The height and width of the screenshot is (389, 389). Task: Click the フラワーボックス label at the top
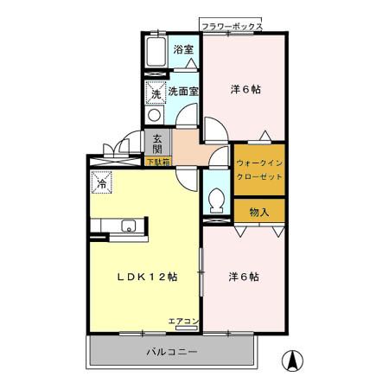(x=231, y=28)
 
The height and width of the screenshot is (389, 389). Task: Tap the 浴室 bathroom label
(x=182, y=49)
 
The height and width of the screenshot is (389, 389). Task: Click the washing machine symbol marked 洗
(x=156, y=92)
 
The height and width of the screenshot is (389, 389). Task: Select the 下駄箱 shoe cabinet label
(x=157, y=161)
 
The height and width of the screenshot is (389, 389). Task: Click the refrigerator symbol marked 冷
(x=102, y=183)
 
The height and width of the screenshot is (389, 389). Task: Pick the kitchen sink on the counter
(x=128, y=227)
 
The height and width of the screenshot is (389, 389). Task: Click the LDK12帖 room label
(x=148, y=277)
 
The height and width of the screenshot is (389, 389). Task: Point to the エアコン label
(x=184, y=322)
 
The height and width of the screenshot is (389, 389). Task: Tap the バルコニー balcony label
(x=171, y=353)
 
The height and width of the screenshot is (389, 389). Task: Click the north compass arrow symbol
(x=294, y=362)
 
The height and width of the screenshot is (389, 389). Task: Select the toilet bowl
(x=217, y=203)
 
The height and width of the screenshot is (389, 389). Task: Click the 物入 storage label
(x=259, y=212)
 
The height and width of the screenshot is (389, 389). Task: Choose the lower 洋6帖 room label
(x=244, y=277)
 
